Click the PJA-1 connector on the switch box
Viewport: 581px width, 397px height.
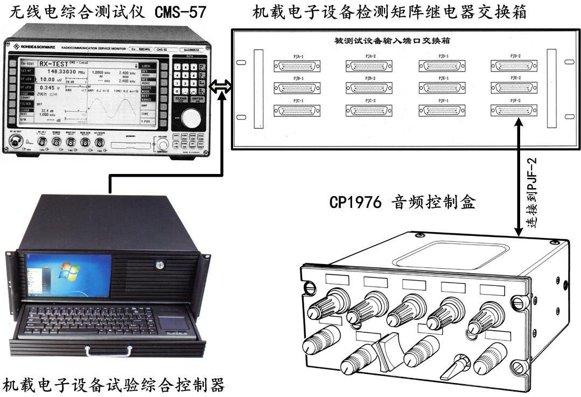298,66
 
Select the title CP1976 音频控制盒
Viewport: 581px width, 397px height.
403,203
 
